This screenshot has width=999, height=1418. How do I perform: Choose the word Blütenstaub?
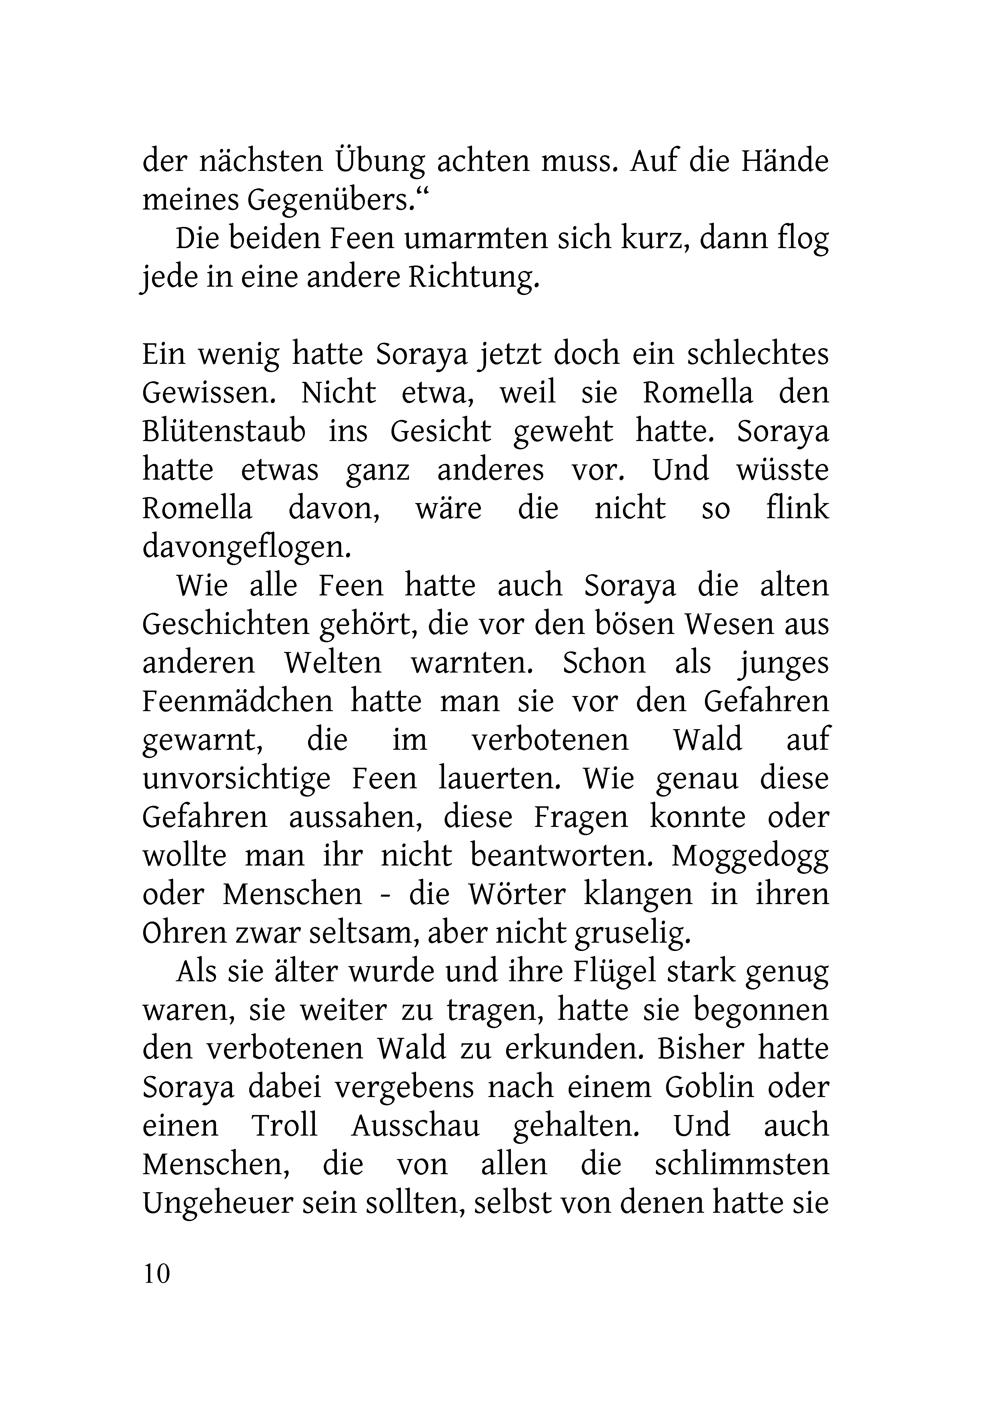point(224,432)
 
